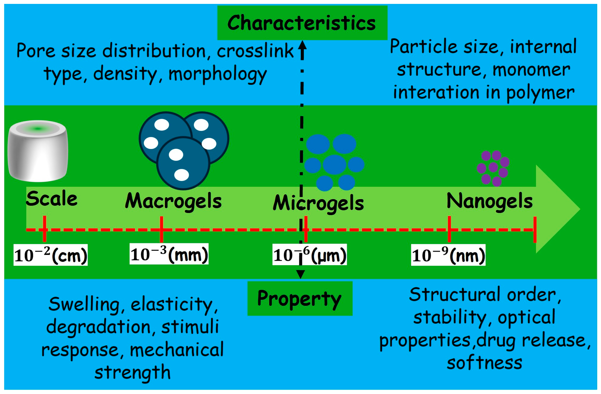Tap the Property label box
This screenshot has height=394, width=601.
(x=300, y=298)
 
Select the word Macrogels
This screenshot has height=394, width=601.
(x=173, y=201)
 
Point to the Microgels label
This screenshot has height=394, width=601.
(x=318, y=203)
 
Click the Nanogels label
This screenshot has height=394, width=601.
(x=489, y=201)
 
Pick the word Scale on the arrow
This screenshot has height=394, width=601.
(x=52, y=199)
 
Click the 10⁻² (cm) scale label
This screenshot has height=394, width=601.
(x=50, y=255)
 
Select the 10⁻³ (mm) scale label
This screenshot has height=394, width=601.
(x=169, y=254)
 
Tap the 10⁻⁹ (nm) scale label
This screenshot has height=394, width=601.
(x=448, y=255)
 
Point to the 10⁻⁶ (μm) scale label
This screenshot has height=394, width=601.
(x=310, y=255)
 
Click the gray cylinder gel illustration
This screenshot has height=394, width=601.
(x=38, y=151)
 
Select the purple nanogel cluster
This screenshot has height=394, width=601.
(x=493, y=168)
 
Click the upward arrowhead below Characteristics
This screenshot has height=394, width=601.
(x=302, y=45)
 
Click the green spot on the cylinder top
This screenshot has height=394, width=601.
(x=38, y=129)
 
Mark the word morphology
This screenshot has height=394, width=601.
(x=217, y=74)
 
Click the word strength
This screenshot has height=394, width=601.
(x=133, y=372)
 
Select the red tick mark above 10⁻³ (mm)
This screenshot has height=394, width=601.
(x=161, y=229)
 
